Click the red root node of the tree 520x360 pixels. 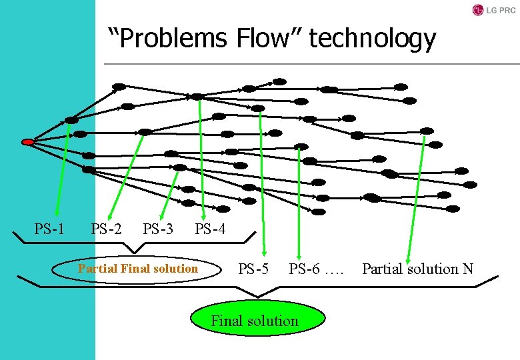[x=27, y=142]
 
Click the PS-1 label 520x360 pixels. [x=49, y=230]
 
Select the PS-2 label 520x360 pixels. [x=106, y=230]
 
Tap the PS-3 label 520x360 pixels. [x=158, y=230]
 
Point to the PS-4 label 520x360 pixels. [x=210, y=230]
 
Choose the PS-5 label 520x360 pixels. [x=254, y=269]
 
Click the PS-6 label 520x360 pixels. [x=305, y=269]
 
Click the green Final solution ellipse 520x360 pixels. [x=258, y=321]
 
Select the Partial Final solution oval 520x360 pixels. [x=137, y=269]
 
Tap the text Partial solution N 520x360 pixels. [x=417, y=269]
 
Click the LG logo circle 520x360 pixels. [x=477, y=10]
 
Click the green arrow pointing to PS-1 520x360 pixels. [x=62, y=173]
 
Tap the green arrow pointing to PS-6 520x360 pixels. [x=300, y=200]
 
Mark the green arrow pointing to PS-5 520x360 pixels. [x=262, y=200]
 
